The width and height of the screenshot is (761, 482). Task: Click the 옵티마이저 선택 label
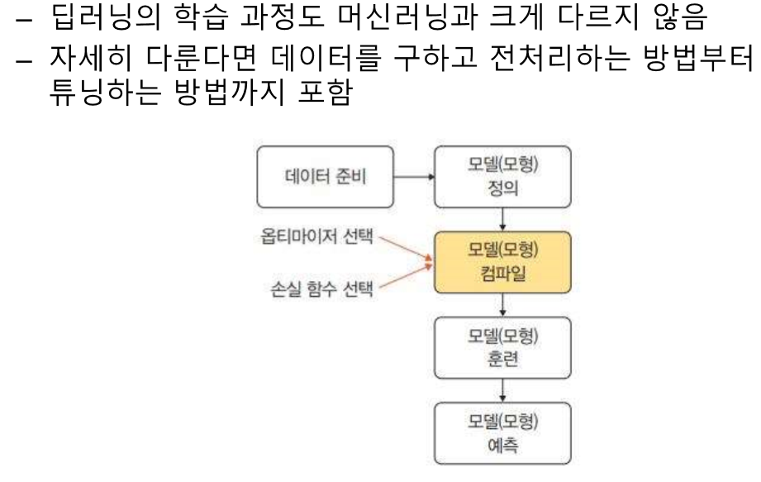pyautogui.click(x=313, y=240)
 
